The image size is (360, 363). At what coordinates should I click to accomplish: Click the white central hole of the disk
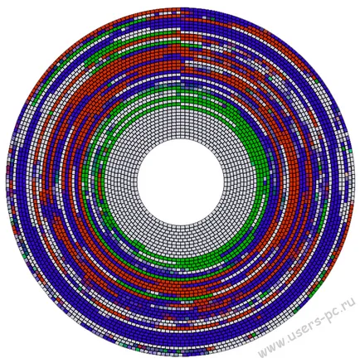(x=180, y=181)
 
